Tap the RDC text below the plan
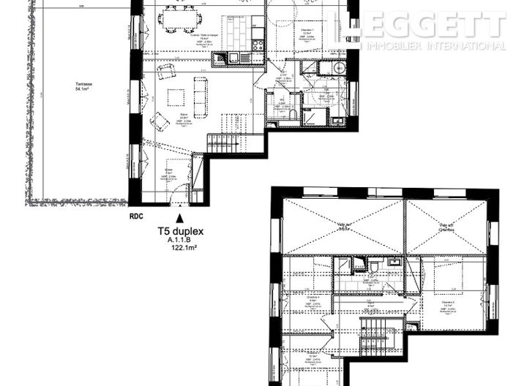pyautogui.click(x=136, y=216)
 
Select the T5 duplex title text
pyautogui.click(x=180, y=230)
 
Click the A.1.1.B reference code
pyautogui.click(x=180, y=240)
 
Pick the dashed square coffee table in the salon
pyautogui.click(x=176, y=97)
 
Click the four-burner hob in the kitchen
pyautogui.click(x=258, y=45)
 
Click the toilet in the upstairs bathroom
pyautogui.click(x=373, y=265)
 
